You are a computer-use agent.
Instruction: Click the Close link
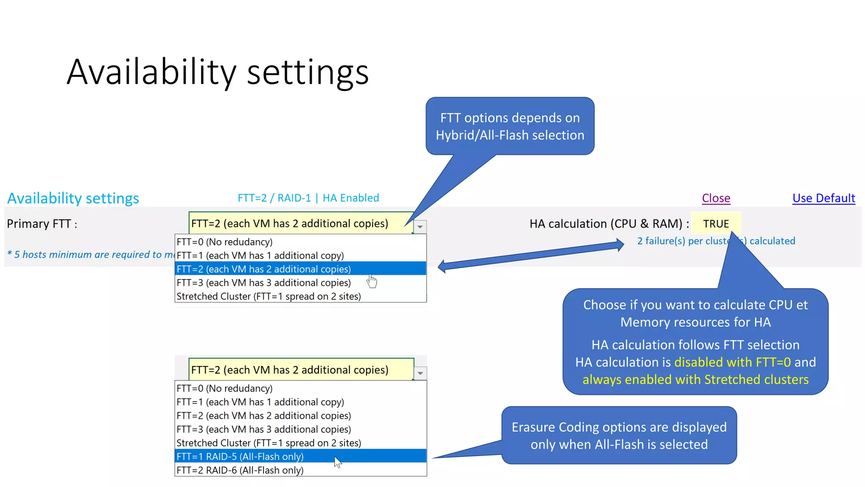click(716, 198)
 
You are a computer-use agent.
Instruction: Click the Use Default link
click(823, 198)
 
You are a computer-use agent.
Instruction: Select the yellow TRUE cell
click(716, 224)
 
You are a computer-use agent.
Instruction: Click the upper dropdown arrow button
click(420, 227)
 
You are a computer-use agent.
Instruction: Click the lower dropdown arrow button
click(420, 373)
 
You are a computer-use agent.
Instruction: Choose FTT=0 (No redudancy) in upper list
click(224, 242)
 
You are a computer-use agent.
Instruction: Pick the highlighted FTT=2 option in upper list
click(264, 269)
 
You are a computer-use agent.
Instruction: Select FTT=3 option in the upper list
click(264, 282)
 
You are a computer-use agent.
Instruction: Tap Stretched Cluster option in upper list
click(269, 296)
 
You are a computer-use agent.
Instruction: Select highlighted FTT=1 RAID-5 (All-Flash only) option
click(240, 457)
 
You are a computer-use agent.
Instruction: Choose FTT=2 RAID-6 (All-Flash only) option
click(240, 470)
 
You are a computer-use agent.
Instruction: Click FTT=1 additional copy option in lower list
click(260, 402)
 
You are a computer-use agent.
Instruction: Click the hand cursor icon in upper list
click(372, 281)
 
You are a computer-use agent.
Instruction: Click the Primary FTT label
click(42, 224)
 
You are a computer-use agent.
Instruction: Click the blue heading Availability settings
click(73, 198)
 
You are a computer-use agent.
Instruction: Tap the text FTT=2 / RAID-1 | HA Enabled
click(308, 198)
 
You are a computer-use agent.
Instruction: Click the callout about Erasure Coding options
click(619, 435)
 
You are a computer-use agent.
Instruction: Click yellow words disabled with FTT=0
click(732, 362)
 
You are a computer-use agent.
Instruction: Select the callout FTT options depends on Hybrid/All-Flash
click(510, 126)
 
